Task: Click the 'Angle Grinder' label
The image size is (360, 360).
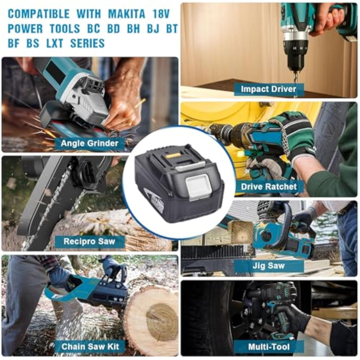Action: tap(90, 144)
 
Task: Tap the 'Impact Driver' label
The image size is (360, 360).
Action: tap(269, 89)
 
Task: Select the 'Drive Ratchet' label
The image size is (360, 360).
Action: tap(269, 186)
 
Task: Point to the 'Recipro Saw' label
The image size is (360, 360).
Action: tap(89, 241)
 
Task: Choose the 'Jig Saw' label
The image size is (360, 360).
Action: tap(269, 266)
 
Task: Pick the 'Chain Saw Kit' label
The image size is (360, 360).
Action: tap(90, 346)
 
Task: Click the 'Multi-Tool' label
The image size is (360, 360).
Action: tap(269, 346)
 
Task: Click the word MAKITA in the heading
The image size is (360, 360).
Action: tap(126, 14)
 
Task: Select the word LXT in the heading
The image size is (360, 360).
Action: tap(55, 43)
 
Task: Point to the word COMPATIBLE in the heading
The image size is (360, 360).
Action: tap(39, 14)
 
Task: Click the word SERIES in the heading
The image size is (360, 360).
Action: tap(87, 43)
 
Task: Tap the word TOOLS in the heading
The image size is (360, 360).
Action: tap(65, 29)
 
